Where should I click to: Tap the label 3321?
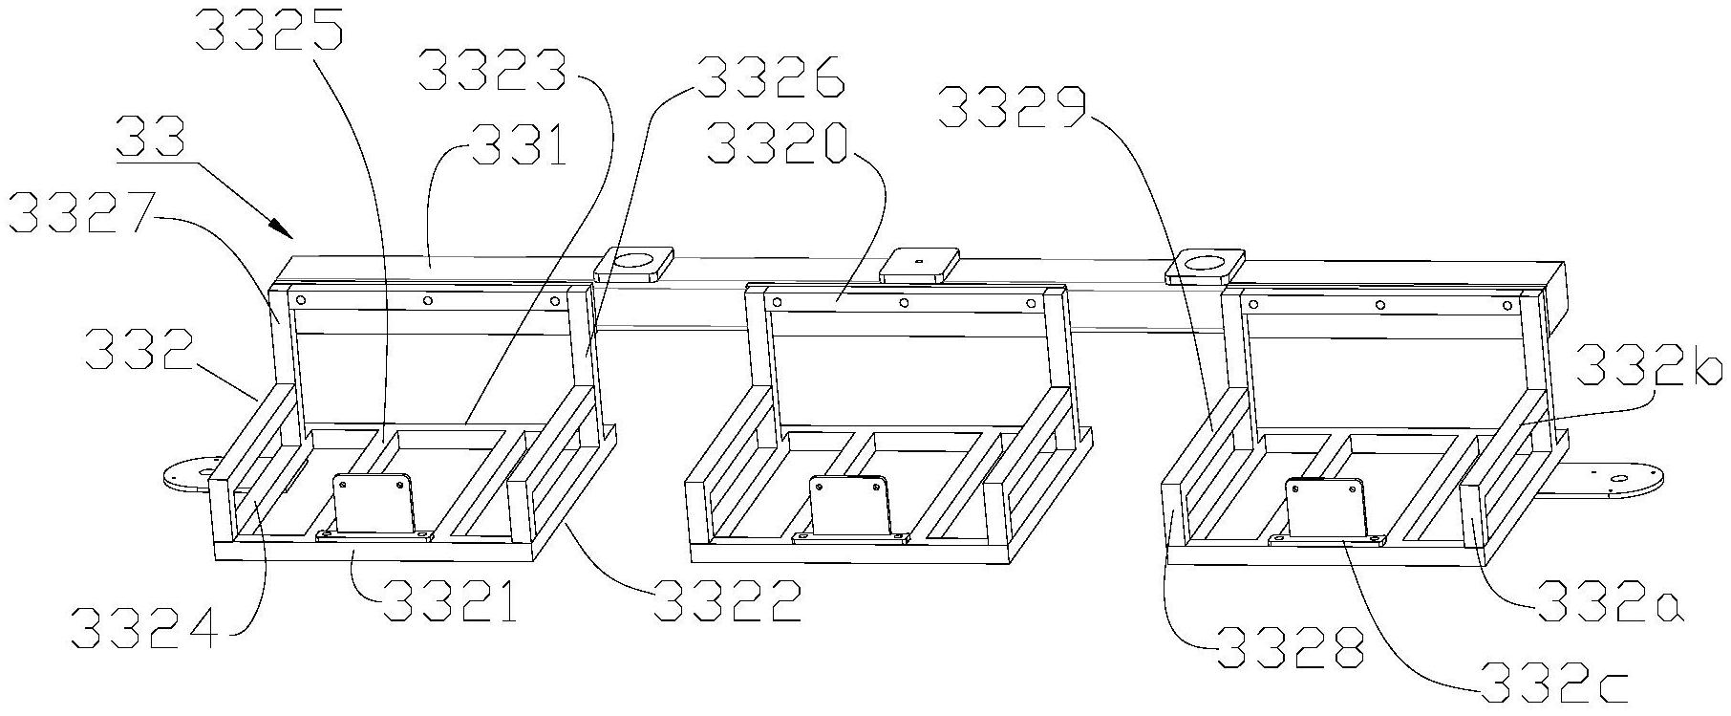click(x=450, y=600)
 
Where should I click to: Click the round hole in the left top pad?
click(x=633, y=259)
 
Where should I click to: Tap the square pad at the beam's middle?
click(x=919, y=263)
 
